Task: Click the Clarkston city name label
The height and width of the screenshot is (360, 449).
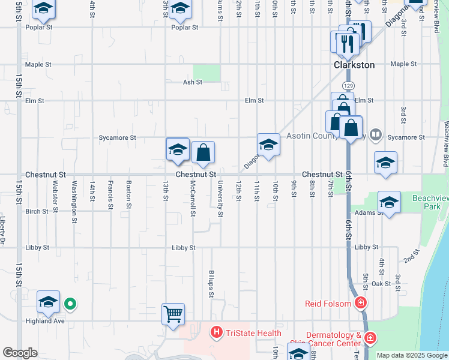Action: pos(354,65)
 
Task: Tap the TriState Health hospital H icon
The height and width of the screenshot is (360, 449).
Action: pos(216,332)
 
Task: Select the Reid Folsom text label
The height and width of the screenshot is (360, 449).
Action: pos(328,304)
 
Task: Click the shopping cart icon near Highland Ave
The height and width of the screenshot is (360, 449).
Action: pos(173,313)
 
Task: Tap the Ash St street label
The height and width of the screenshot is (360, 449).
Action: pos(193,82)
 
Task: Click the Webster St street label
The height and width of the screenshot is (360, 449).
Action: pos(55,197)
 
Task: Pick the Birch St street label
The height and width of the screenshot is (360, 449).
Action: pos(37,211)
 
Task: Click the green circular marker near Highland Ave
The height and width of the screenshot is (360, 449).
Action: pos(70,304)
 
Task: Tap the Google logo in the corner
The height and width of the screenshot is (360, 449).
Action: pos(20,353)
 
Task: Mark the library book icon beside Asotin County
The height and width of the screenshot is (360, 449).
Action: pos(376,134)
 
